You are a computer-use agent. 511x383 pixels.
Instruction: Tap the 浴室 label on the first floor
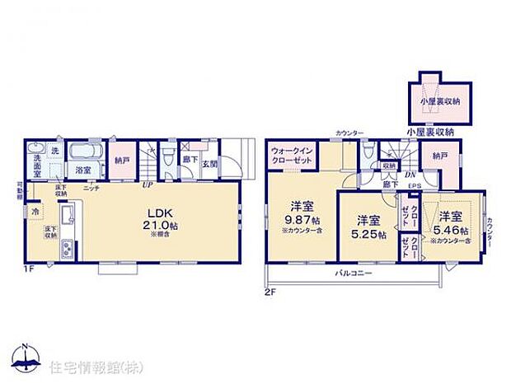pos(83,169)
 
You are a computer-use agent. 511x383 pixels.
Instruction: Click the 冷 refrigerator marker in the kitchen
pos(35,211)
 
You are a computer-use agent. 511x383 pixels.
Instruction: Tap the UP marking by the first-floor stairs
pos(148,184)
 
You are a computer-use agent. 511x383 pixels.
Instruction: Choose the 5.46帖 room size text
pos(452,230)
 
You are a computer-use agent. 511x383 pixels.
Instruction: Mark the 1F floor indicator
pos(29,268)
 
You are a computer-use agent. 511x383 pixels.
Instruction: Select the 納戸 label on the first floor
pos(122,161)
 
